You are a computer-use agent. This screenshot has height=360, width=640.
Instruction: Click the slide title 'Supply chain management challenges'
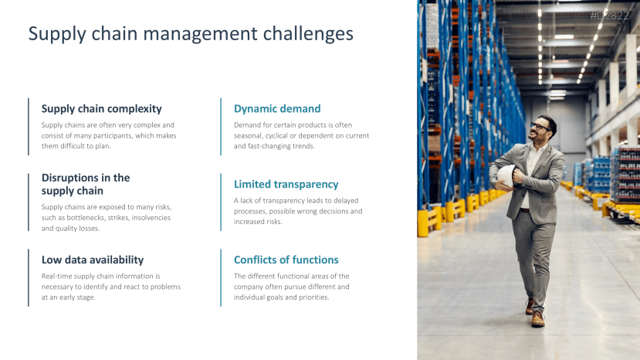point(191,34)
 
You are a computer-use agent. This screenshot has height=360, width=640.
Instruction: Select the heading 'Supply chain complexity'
point(101,109)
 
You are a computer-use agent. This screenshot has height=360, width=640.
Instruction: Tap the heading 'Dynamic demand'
point(277,109)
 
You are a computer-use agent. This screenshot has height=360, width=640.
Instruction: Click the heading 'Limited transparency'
point(286,185)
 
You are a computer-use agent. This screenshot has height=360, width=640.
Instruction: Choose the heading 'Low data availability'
point(93,260)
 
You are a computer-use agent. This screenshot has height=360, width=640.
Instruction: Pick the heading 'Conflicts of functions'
point(286,260)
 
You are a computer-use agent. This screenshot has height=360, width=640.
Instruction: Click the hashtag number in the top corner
point(609,15)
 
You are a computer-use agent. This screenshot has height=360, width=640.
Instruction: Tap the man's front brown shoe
point(537,319)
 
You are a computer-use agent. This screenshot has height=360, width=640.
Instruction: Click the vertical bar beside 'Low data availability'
point(29,277)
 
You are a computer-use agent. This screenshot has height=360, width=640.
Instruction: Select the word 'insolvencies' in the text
point(149,218)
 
